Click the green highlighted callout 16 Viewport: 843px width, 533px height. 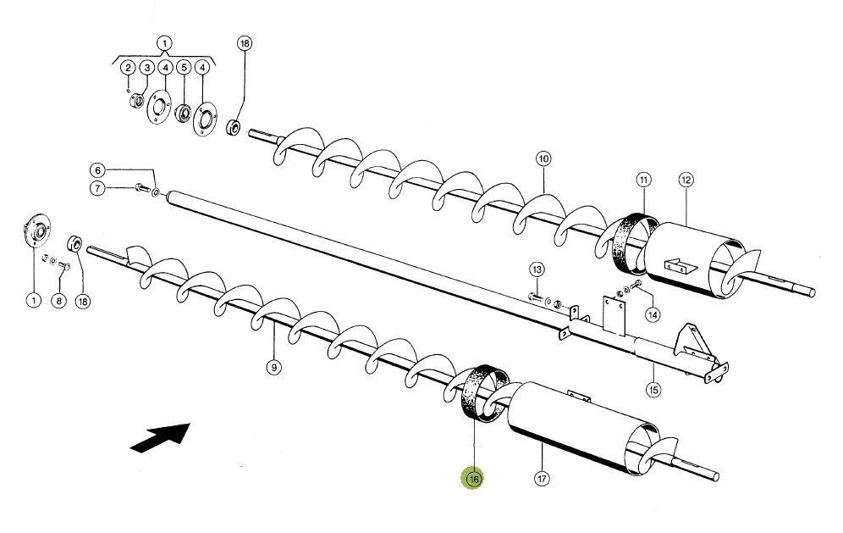tap(472, 479)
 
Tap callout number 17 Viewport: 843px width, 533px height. tap(542, 479)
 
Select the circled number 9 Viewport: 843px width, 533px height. tap(273, 367)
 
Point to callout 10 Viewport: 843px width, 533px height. tap(543, 158)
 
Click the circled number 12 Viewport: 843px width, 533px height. tap(686, 180)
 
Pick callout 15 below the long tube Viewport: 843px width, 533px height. tap(653, 390)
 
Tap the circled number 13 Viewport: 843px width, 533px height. tap(537, 269)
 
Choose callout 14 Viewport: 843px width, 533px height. tap(652, 314)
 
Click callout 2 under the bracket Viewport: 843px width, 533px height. tap(127, 68)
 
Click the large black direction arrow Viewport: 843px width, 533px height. tap(160, 440)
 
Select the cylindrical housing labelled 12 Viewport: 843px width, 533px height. tap(694, 258)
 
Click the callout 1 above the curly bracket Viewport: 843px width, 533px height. tap(164, 42)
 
